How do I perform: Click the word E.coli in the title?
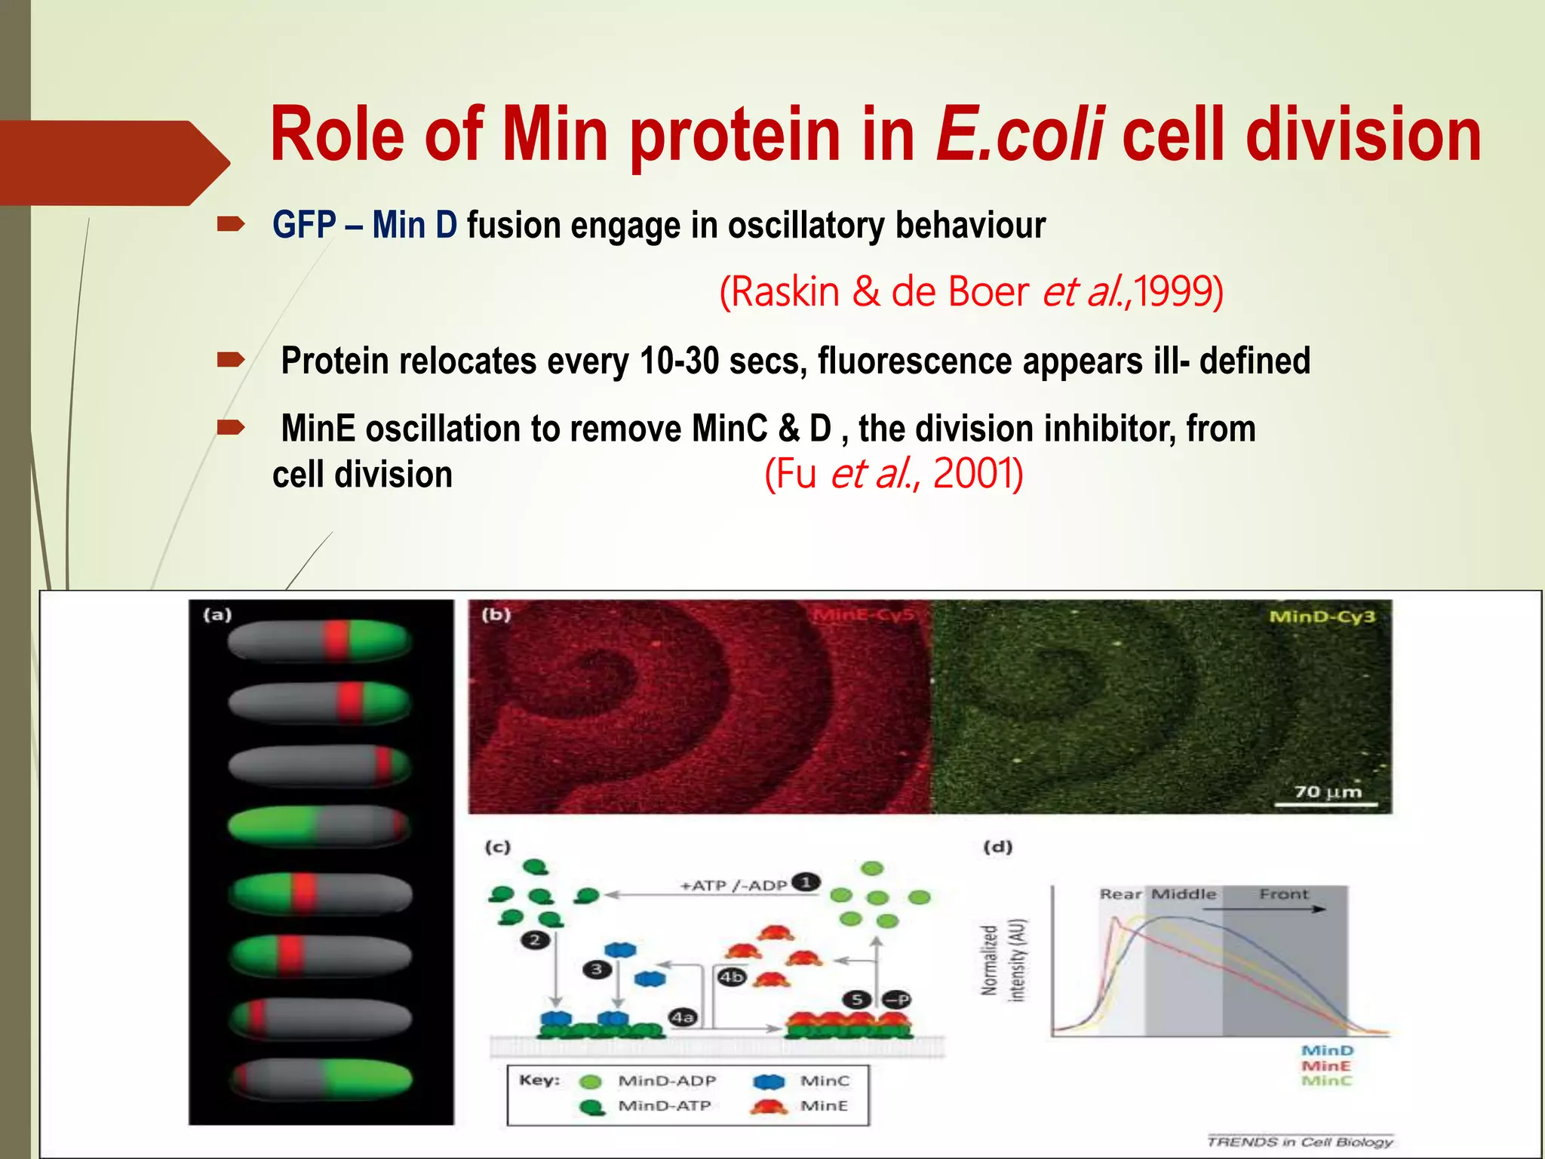coord(1020,134)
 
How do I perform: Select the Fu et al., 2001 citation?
coord(893,474)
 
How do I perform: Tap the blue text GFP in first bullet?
coord(304,225)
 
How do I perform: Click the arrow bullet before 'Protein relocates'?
coord(230,360)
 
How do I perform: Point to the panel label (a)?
coord(217,615)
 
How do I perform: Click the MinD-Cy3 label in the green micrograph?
coord(1322,616)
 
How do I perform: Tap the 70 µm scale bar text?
coord(1328,792)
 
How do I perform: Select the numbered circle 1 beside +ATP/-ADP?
coord(806,882)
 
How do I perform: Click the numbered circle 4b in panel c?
coord(731,977)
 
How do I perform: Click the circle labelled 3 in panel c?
coord(597,969)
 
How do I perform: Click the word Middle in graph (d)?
coord(1184,894)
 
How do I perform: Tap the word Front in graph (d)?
coord(1283,894)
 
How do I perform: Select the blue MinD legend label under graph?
coord(1327,1050)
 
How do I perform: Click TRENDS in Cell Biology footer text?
coord(1299,1142)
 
